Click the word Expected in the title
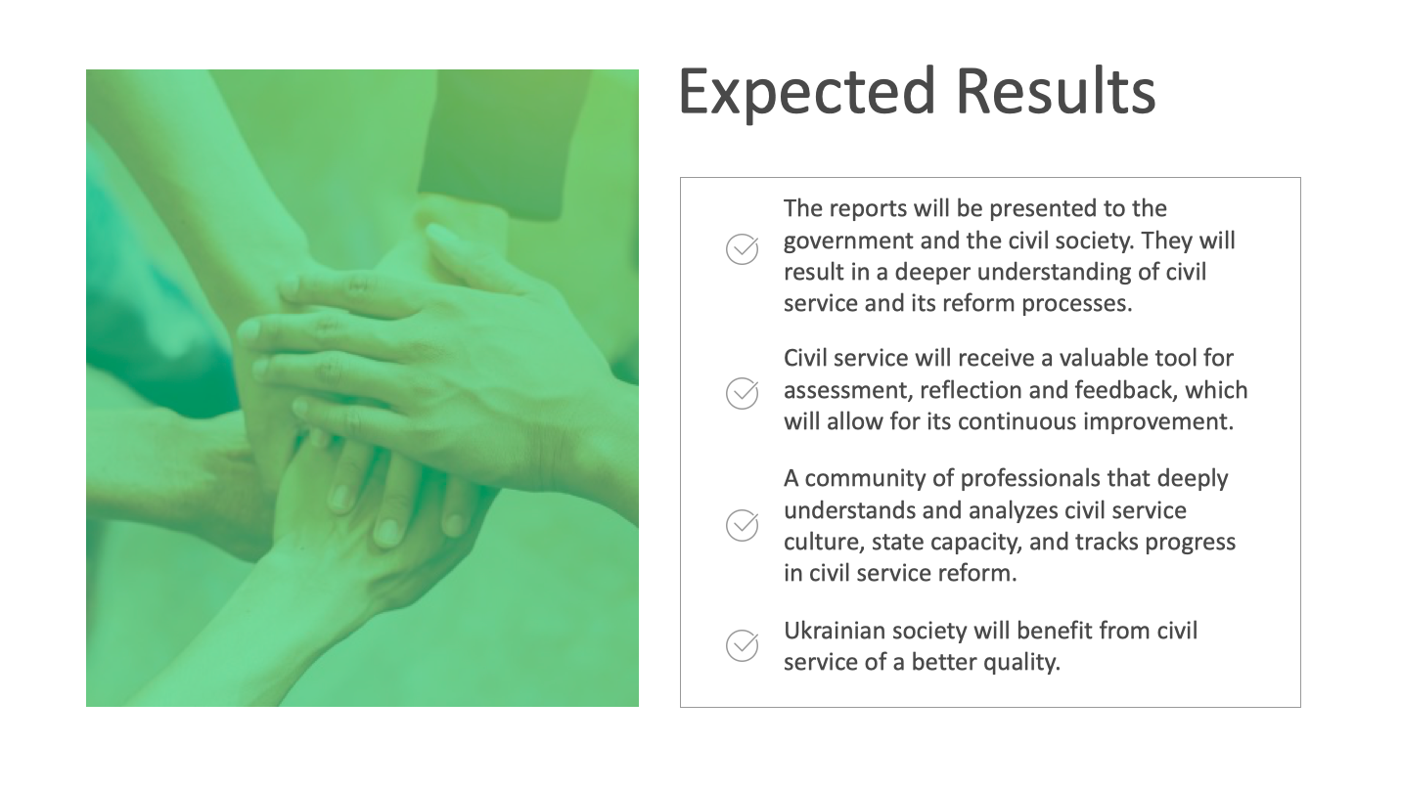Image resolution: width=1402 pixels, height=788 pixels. (x=807, y=92)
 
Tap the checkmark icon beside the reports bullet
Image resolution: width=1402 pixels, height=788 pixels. (x=743, y=249)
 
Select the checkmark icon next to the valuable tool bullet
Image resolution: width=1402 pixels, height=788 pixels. (x=743, y=393)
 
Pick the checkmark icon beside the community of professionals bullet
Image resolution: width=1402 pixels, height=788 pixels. (x=743, y=525)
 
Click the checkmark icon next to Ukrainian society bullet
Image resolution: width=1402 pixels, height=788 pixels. (x=743, y=645)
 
